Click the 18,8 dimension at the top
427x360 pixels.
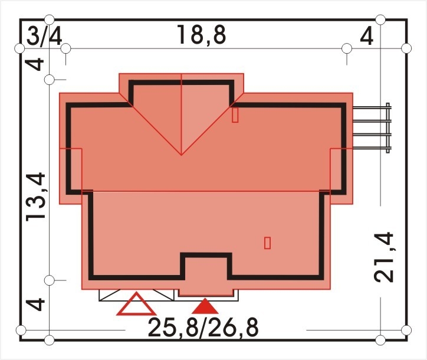202,35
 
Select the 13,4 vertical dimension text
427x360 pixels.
35,197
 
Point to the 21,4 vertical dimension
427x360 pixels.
384,257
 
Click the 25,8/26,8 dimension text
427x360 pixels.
203,328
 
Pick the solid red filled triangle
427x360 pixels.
205,306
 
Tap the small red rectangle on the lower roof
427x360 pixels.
267,243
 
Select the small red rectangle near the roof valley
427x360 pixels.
235,114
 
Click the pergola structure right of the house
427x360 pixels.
372,128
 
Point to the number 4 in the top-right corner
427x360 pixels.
366,36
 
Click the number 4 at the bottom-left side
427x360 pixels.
35,304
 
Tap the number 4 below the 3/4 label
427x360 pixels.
35,64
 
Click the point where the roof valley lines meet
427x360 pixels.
182,155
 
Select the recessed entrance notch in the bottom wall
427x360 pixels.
206,266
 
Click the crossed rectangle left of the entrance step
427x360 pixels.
136,295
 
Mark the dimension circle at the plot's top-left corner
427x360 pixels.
20,48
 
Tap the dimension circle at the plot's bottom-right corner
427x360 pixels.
406,330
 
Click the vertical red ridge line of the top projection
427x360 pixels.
182,114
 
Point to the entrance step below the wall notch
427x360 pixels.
206,292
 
